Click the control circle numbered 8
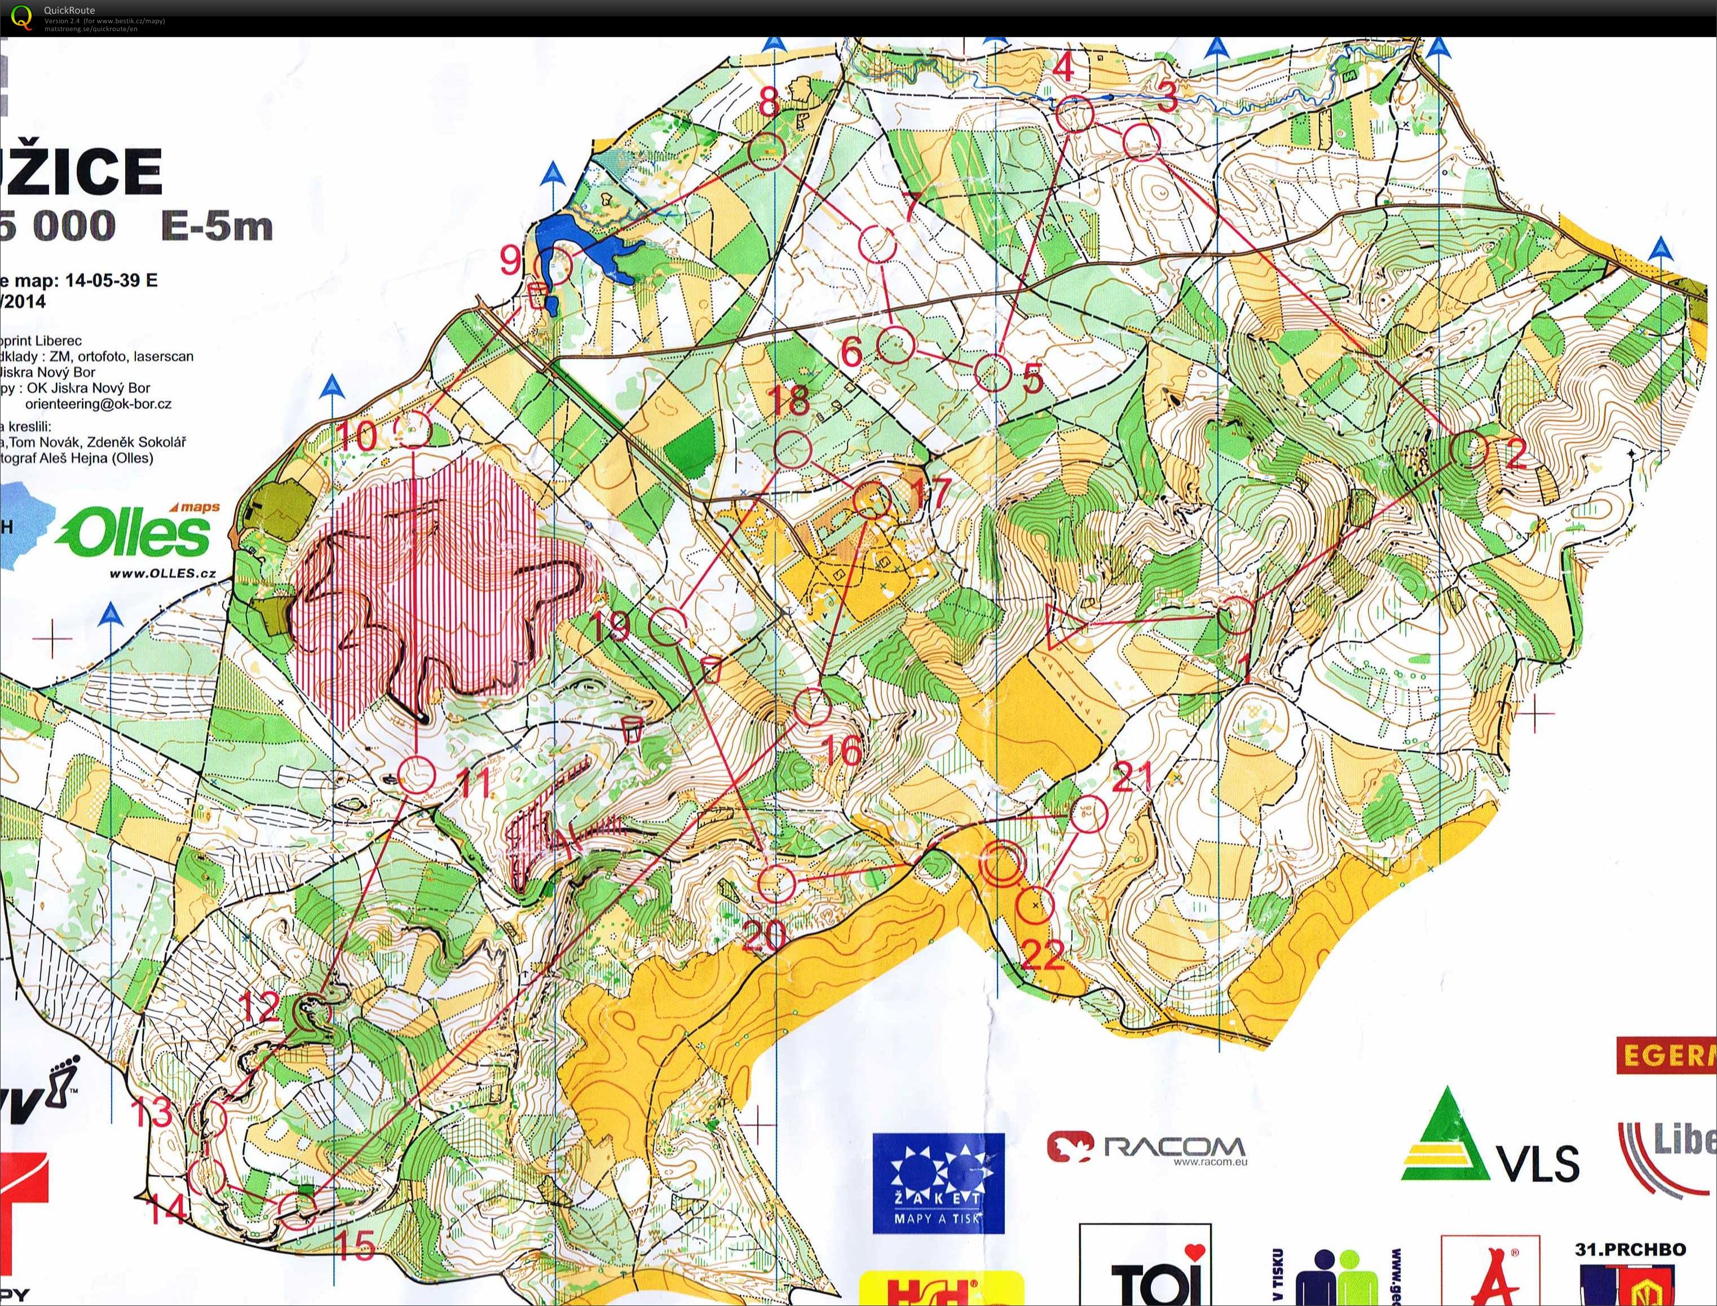point(767,151)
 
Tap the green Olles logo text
point(136,534)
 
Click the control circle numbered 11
point(417,774)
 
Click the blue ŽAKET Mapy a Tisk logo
point(938,1183)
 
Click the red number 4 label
point(1062,68)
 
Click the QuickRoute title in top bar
point(69,10)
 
